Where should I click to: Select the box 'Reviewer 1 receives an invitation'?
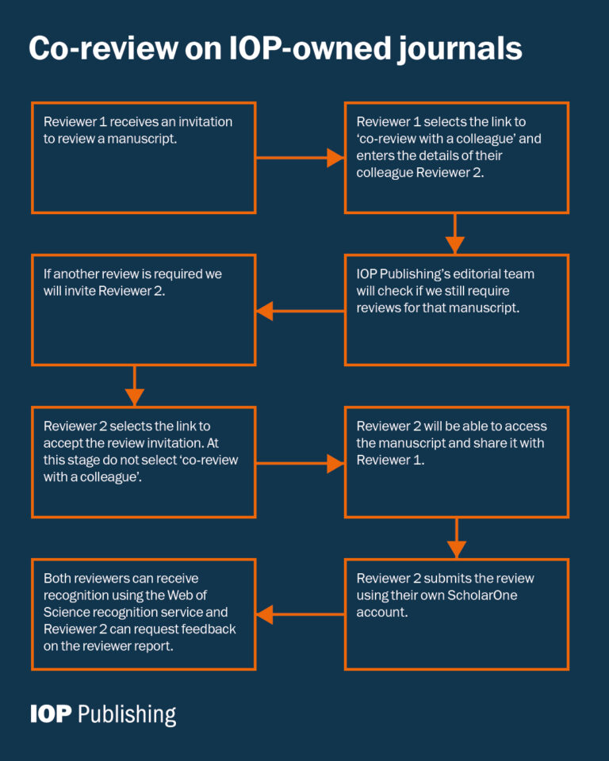pos(144,158)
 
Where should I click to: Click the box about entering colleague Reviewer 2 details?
pos(456,158)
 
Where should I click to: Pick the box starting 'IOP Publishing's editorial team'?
pos(456,310)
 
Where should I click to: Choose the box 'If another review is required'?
pos(144,310)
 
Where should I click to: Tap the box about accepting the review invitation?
pos(144,462)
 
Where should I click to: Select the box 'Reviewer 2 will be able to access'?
pos(456,462)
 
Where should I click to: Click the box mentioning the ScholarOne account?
pos(456,614)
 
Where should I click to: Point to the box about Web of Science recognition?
pos(144,614)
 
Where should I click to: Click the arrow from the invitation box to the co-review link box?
pos(300,158)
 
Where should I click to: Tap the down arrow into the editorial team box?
pos(455,234)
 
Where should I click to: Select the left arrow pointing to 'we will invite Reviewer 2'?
pos(300,311)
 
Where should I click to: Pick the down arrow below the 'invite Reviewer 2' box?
pos(135,386)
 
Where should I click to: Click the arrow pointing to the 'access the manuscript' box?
pos(300,463)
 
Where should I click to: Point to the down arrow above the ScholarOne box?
pos(456,538)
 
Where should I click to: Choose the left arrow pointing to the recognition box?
pos(300,614)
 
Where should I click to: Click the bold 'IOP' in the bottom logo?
pos(51,713)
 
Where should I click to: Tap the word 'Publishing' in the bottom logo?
pos(128,714)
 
